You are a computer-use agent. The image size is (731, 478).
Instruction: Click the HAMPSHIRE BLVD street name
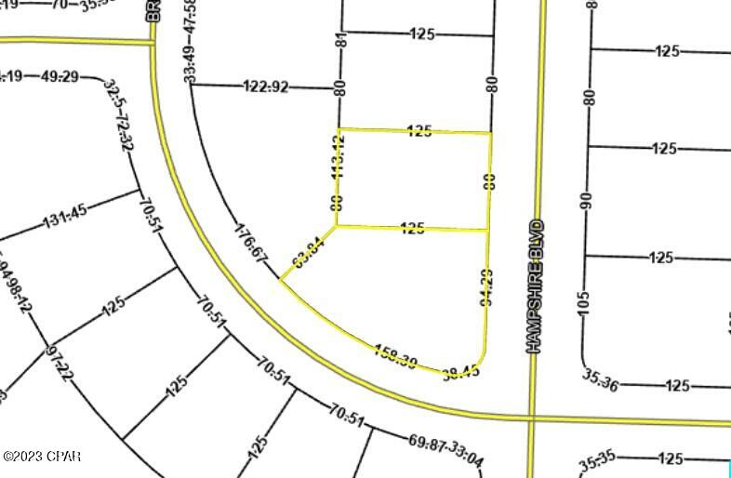point(534,286)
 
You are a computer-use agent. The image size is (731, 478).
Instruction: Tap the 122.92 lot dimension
point(266,87)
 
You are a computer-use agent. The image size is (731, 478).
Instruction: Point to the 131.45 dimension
point(64,217)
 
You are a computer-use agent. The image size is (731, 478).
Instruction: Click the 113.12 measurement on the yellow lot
point(339,155)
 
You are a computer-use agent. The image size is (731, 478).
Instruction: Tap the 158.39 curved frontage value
point(395,354)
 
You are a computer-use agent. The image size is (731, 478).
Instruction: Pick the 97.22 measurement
point(57,362)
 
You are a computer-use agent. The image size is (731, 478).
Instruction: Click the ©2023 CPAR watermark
point(42,457)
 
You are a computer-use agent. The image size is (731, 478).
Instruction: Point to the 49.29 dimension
point(60,76)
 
